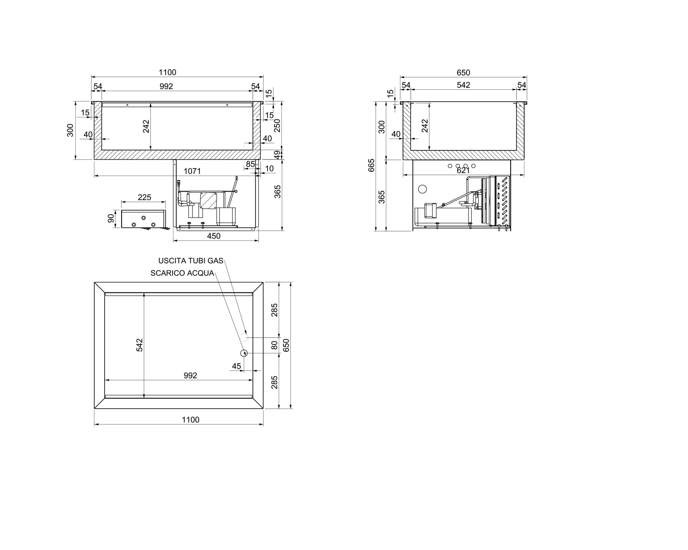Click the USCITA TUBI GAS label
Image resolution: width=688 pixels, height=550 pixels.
coord(191,261)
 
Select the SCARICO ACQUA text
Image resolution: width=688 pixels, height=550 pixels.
coord(182,273)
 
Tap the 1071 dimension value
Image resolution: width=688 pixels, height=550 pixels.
coord(192,171)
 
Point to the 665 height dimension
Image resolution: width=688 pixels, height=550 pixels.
coord(371,165)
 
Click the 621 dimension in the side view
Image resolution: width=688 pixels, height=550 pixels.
coord(463,171)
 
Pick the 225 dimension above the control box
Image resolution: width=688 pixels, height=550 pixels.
coord(144,197)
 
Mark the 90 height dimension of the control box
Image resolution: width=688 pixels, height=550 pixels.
coord(111,218)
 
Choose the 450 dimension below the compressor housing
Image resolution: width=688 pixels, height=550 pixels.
coord(214,236)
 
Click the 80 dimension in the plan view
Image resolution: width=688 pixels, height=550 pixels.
coord(274,345)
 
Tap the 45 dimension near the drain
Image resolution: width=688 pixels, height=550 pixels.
coord(236,366)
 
